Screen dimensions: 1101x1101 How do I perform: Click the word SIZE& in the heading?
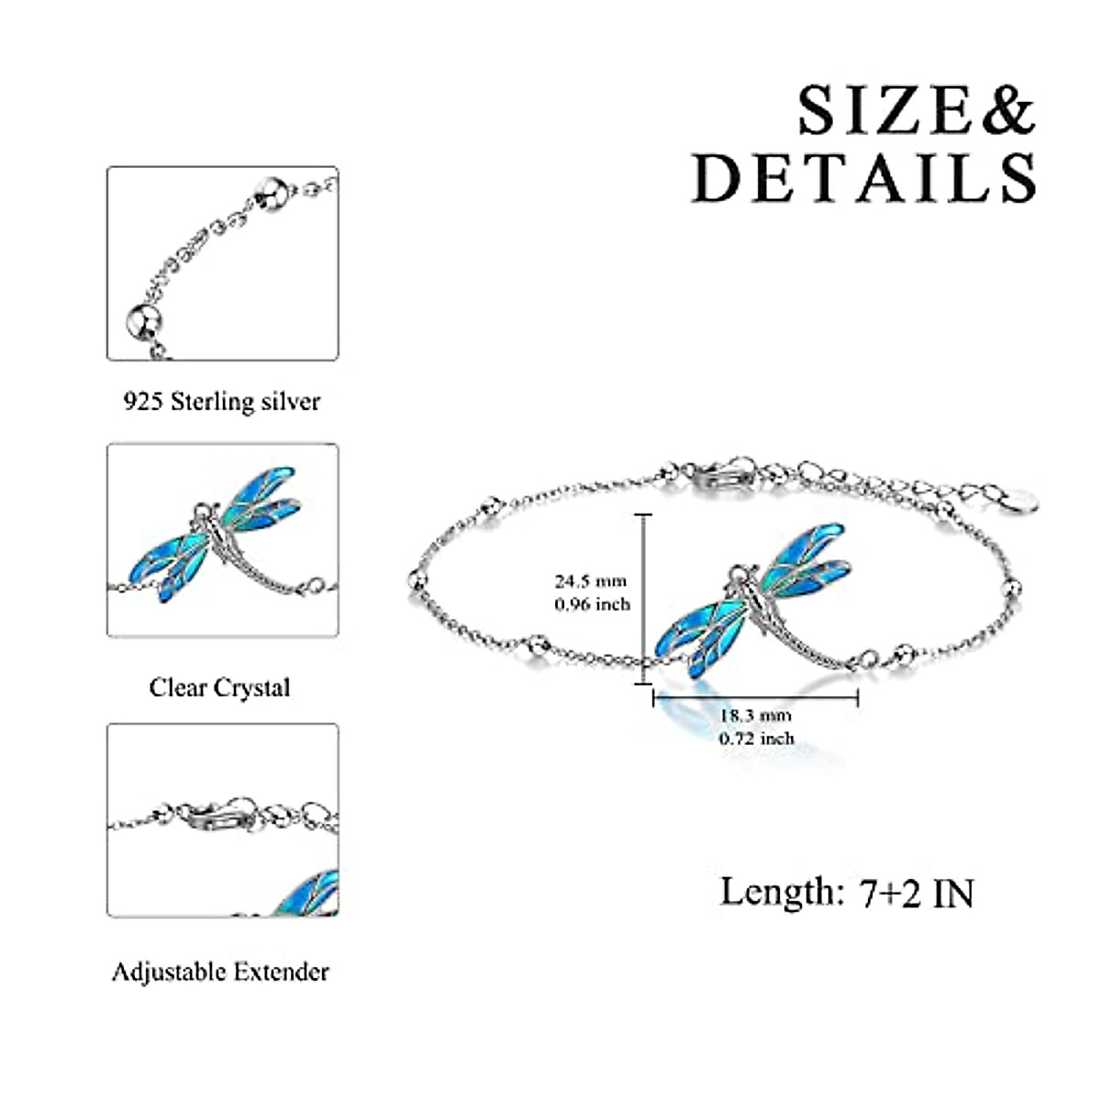(x=916, y=111)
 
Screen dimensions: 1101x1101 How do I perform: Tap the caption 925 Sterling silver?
(x=222, y=402)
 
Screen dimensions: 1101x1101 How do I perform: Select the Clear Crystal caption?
(x=219, y=688)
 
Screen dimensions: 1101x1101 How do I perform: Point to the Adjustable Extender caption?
(x=220, y=972)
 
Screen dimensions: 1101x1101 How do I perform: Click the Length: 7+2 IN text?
(x=846, y=892)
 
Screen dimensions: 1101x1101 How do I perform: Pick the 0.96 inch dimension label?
(x=592, y=604)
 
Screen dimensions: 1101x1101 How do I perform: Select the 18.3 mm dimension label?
(x=755, y=716)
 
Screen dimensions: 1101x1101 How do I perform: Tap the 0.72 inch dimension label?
(x=757, y=738)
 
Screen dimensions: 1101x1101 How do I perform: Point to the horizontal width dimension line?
(x=754, y=698)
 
